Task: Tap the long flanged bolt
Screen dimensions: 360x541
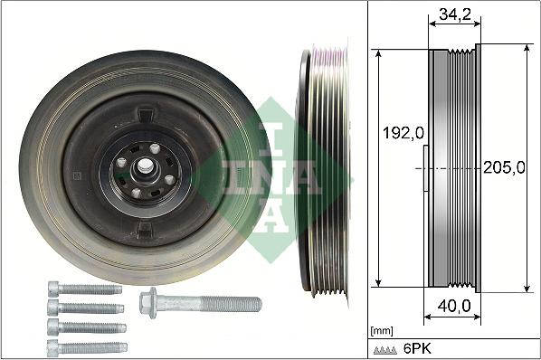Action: [x=200, y=302]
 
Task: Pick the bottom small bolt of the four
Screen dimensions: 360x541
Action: [x=86, y=346]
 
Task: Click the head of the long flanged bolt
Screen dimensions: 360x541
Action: [x=149, y=301]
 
